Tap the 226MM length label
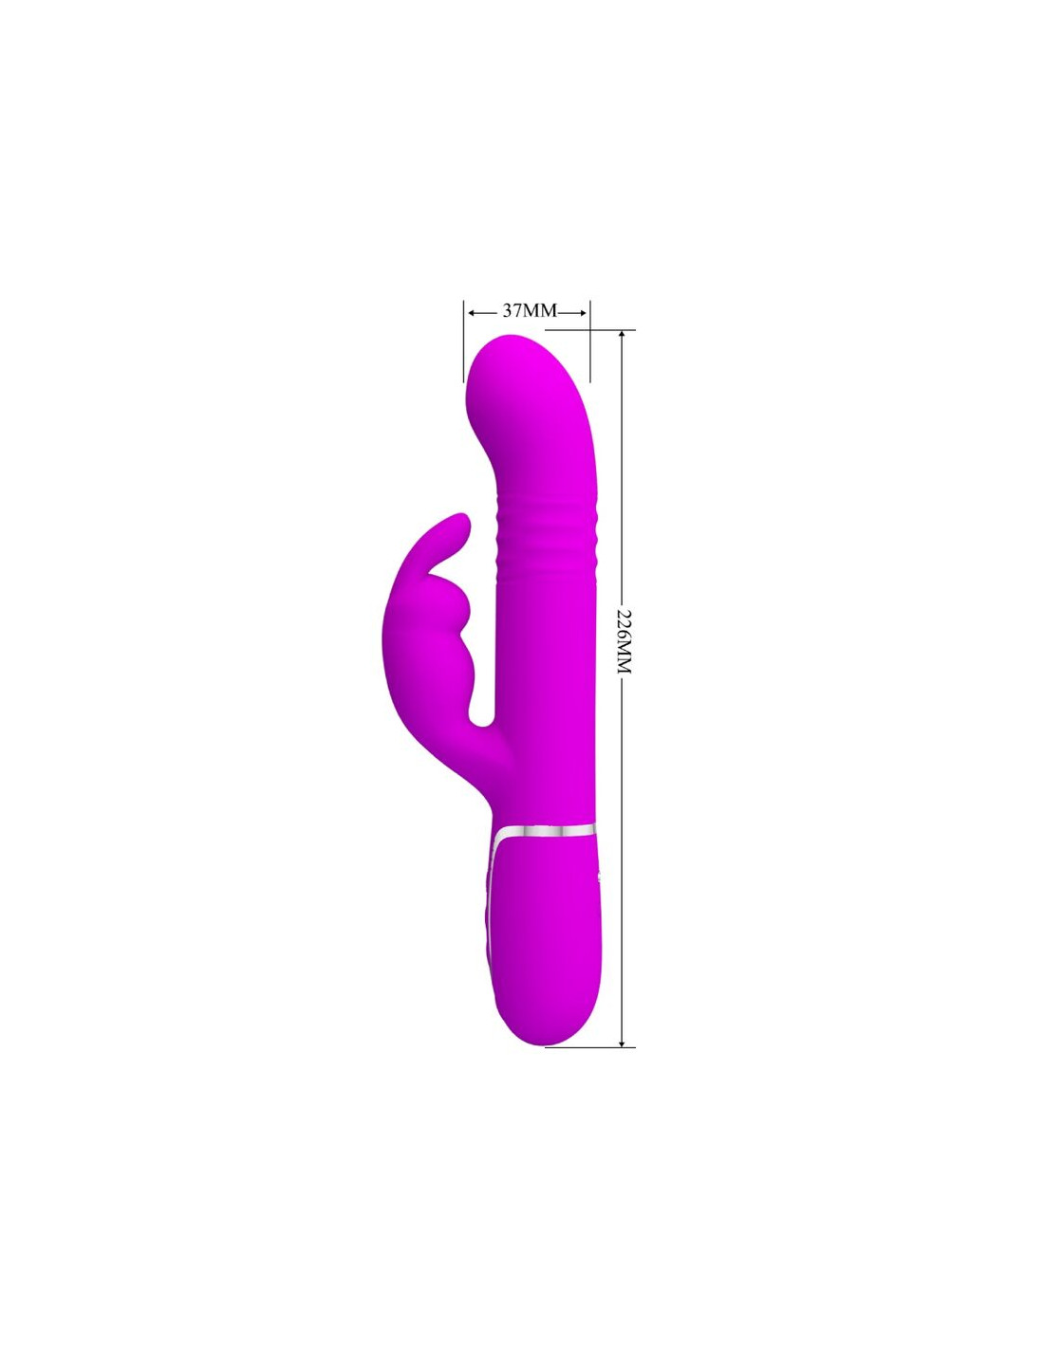pyautogui.click(x=624, y=642)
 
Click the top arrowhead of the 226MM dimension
pyautogui.click(x=623, y=335)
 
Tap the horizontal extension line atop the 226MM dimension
pyautogui.click(x=590, y=329)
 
